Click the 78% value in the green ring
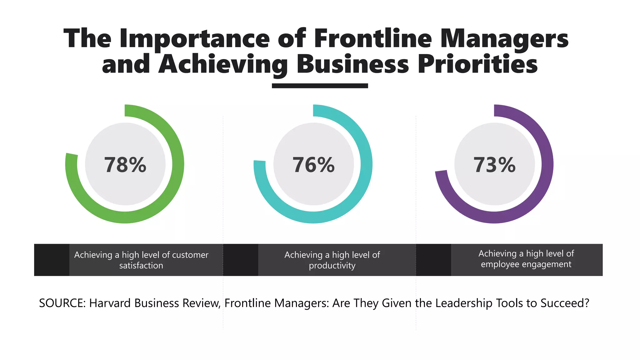point(125,165)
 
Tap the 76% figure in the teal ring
point(313,165)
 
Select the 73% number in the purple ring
point(494,165)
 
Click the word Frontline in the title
point(373,38)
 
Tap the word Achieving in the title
point(223,64)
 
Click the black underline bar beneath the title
point(320,86)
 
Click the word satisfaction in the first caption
point(141,266)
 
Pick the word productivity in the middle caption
point(332,266)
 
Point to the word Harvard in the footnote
point(110,303)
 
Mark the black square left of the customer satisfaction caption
point(52,260)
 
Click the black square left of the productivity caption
point(241,260)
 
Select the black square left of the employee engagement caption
point(433,260)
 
